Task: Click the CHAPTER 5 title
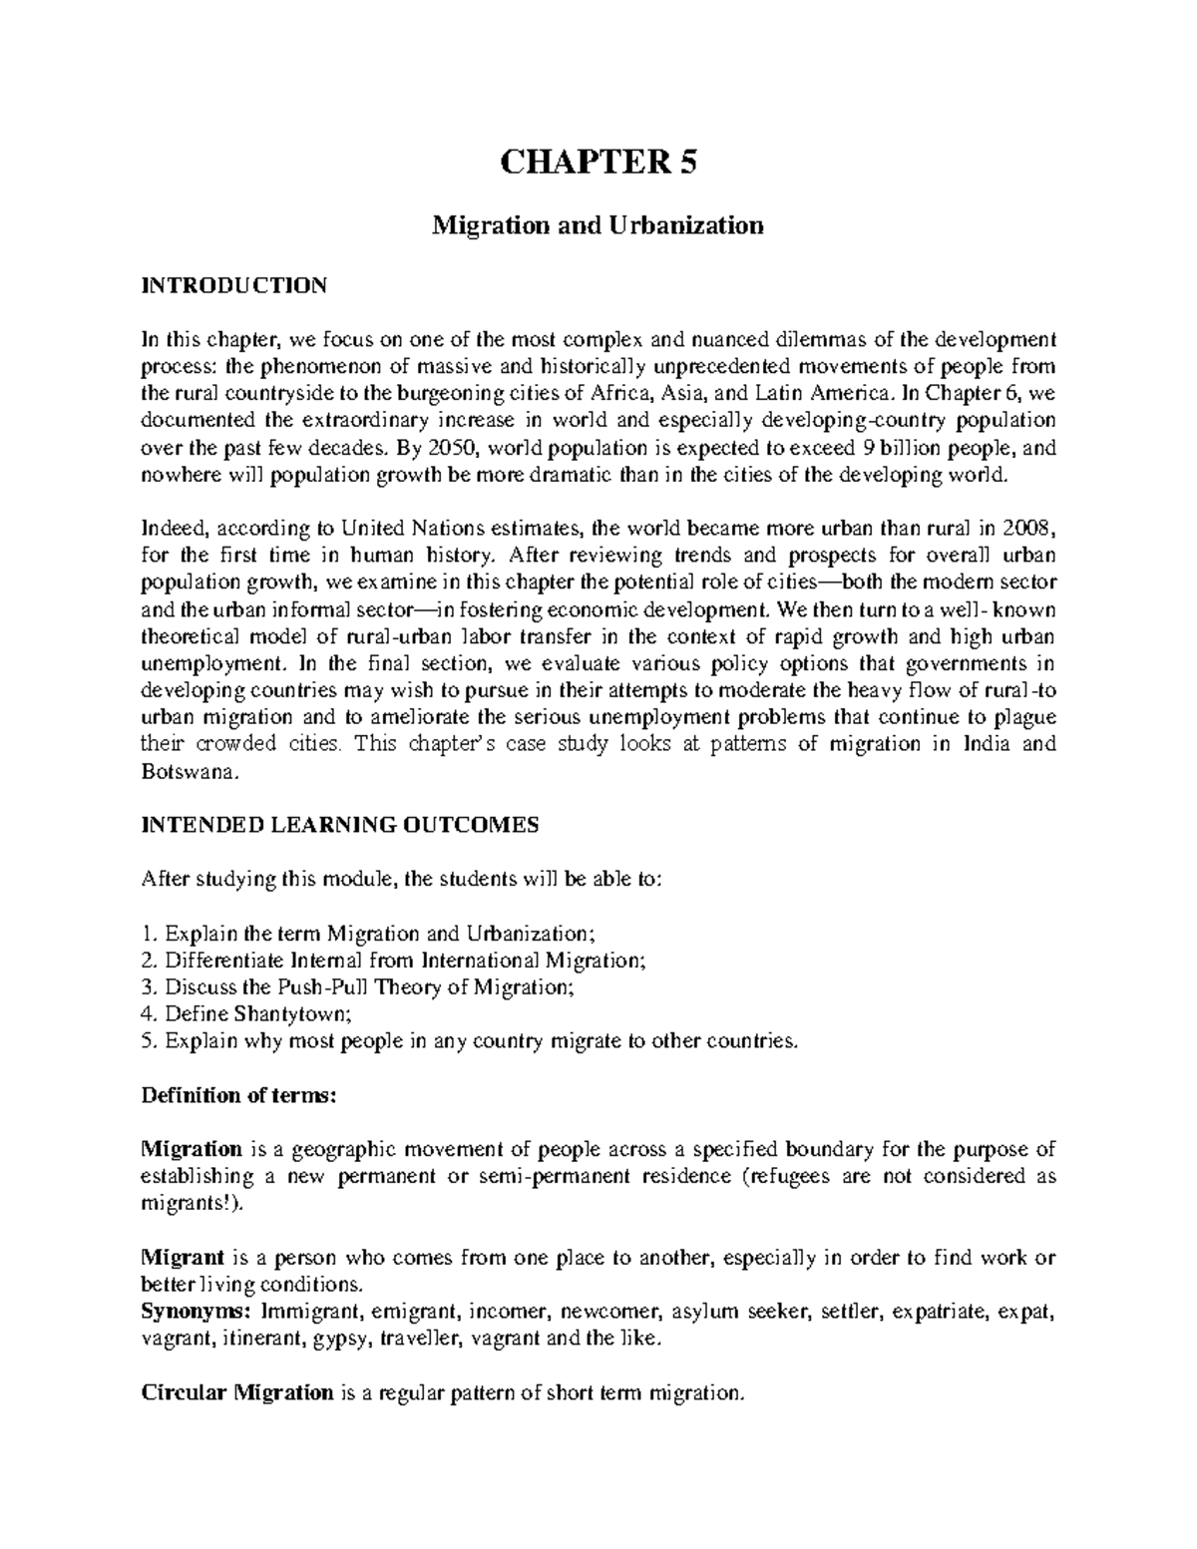coord(597,162)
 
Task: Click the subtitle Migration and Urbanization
coord(597,225)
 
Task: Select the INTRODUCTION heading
coord(233,286)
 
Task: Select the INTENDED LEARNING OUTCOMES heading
coord(340,825)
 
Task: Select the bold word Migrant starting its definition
coord(180,1258)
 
